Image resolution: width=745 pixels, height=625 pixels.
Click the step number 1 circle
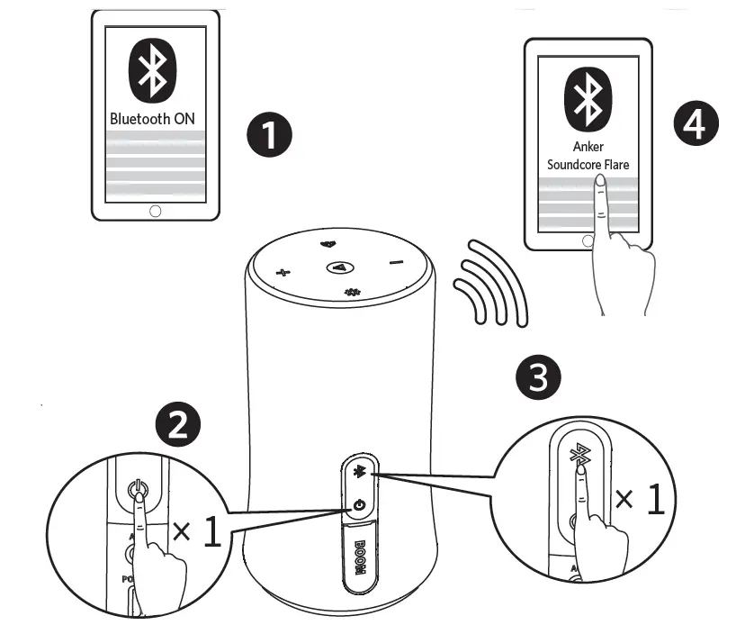pos(268,135)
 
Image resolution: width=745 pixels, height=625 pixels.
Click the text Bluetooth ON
pos(152,118)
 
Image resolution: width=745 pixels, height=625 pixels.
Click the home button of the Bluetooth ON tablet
pos(155,210)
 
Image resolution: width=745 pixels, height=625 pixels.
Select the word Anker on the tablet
pos(588,146)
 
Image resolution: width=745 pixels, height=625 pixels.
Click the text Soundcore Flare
pos(588,165)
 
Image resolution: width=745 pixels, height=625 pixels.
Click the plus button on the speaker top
pos(282,271)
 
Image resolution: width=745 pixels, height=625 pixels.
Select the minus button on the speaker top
pos(395,262)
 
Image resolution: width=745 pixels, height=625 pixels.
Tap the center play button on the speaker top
pos(339,267)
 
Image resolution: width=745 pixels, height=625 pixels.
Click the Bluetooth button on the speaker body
pos(360,472)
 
